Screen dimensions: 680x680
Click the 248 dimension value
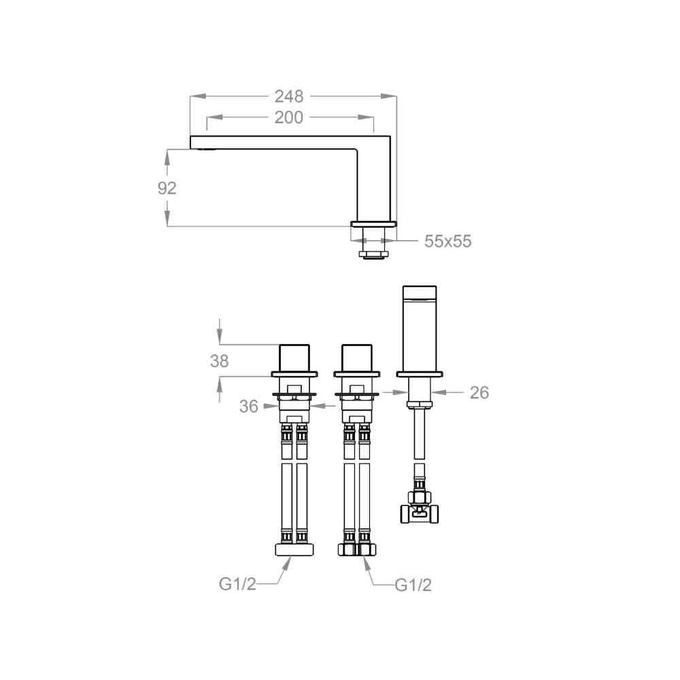(x=289, y=97)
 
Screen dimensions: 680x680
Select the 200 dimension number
(x=289, y=118)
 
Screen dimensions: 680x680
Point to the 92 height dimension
(x=167, y=188)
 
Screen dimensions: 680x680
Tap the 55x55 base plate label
(x=447, y=241)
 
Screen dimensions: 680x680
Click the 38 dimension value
(x=220, y=361)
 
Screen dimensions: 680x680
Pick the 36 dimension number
(x=249, y=407)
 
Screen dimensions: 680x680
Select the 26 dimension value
(x=479, y=392)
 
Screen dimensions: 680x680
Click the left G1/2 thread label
(x=237, y=585)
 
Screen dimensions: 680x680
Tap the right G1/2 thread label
(x=413, y=585)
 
